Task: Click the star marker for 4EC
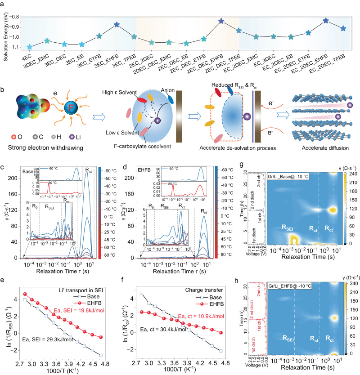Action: click(30, 47)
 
